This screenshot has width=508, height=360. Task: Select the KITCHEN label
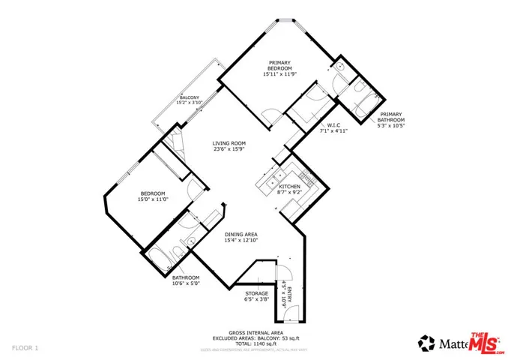click(290, 186)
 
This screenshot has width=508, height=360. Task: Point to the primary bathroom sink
click(339, 67)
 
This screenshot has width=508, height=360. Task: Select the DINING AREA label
click(241, 235)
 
